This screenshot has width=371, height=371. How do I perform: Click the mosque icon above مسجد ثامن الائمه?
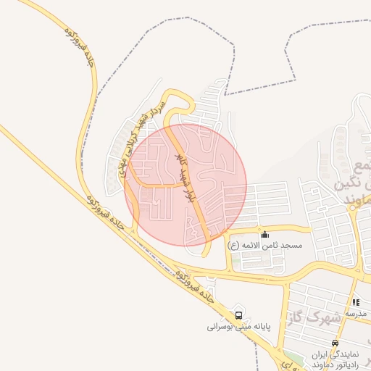coord(264,234)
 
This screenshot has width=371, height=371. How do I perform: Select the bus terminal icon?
coord(238,315)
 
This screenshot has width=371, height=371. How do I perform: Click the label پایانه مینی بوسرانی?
coord(238,327)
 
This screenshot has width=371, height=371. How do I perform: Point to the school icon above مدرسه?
coord(355,302)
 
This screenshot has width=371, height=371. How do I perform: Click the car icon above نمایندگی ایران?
coord(334,343)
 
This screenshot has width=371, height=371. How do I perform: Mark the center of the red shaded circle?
coord(185,184)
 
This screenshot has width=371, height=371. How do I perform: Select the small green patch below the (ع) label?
coord(237,258)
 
